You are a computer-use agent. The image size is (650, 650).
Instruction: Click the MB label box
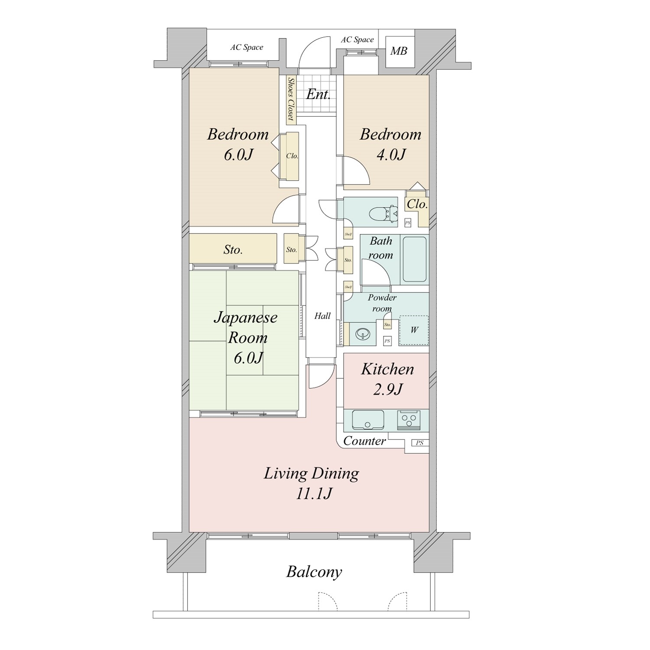click(399, 51)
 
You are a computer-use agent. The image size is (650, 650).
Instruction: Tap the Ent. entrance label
click(318, 94)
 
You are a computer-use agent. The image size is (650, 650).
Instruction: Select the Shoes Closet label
click(291, 100)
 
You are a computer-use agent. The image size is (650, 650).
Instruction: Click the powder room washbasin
click(362, 334)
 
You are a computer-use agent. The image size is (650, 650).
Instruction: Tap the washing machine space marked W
click(414, 330)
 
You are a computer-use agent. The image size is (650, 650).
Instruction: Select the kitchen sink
click(368, 419)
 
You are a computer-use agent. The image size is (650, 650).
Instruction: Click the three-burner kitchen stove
click(409, 419)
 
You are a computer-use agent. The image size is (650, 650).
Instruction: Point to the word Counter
click(364, 441)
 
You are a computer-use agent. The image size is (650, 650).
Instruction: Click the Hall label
click(322, 316)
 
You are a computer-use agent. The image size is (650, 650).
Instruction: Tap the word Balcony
click(314, 572)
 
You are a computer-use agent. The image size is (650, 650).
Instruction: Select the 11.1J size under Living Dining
click(314, 494)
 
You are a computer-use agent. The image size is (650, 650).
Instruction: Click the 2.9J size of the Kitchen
click(388, 389)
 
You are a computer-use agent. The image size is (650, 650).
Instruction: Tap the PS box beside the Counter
click(419, 443)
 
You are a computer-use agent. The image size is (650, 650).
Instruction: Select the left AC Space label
click(247, 47)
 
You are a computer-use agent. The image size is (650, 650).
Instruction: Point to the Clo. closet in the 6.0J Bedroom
click(291, 156)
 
